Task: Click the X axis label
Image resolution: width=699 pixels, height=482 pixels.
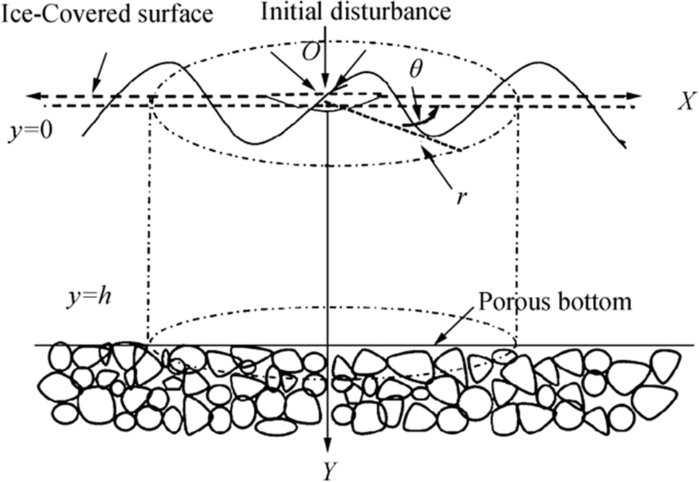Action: tap(680, 102)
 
